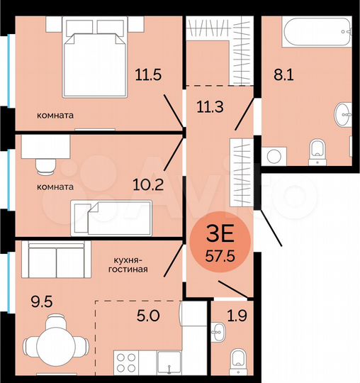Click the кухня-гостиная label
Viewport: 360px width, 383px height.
pos(128,265)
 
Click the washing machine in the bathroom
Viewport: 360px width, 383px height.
pos(274,155)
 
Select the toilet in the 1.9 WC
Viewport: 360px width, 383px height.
pos(237,361)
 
